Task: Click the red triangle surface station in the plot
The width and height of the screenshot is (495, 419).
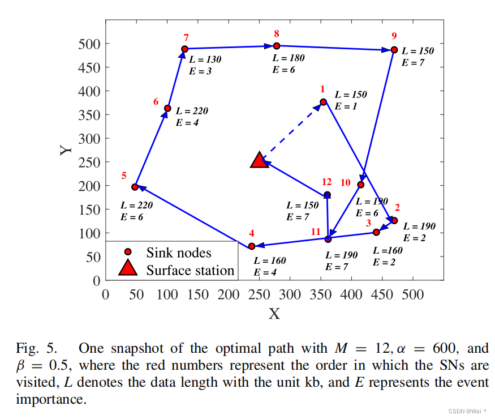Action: click(x=259, y=161)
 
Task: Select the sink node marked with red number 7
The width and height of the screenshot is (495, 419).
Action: click(x=185, y=49)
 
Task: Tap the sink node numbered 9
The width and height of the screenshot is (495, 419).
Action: click(x=394, y=50)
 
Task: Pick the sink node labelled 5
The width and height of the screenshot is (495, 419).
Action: click(x=135, y=187)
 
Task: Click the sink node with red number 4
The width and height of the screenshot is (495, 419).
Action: click(x=252, y=246)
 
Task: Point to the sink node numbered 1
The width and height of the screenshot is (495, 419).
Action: click(x=324, y=102)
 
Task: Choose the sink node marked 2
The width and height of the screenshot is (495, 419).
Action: click(x=394, y=220)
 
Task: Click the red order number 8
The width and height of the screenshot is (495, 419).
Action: click(x=277, y=33)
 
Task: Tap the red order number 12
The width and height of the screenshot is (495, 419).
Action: click(x=326, y=182)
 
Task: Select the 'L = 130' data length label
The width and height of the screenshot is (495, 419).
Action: click(x=205, y=59)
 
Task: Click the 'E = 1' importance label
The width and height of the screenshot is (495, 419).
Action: click(x=346, y=106)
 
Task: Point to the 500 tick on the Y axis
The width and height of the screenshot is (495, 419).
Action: click(x=89, y=44)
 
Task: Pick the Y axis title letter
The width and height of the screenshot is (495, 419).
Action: click(x=66, y=150)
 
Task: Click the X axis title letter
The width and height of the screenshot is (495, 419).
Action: click(x=274, y=313)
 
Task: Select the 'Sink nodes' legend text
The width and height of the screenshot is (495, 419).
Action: click(x=178, y=253)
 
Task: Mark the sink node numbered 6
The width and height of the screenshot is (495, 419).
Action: click(x=167, y=108)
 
